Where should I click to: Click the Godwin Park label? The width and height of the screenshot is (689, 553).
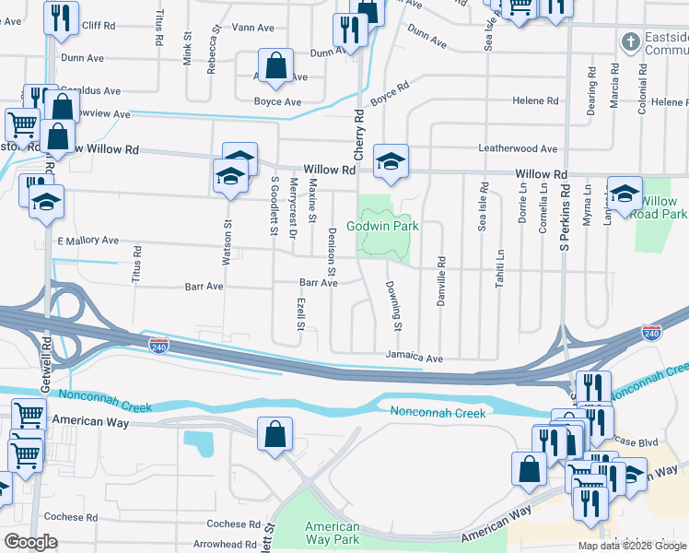pyautogui.click(x=382, y=226)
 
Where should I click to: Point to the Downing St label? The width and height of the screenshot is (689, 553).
pyautogui.click(x=393, y=306)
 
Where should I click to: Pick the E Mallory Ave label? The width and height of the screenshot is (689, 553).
pyautogui.click(x=88, y=241)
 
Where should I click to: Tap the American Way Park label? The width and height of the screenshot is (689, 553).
pyautogui.click(x=332, y=533)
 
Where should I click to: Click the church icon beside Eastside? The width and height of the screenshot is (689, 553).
pyautogui.click(x=629, y=41)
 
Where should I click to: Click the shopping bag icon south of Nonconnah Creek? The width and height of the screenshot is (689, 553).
pyautogui.click(x=274, y=434)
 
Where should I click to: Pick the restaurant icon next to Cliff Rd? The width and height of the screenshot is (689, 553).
pyautogui.click(x=61, y=17)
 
